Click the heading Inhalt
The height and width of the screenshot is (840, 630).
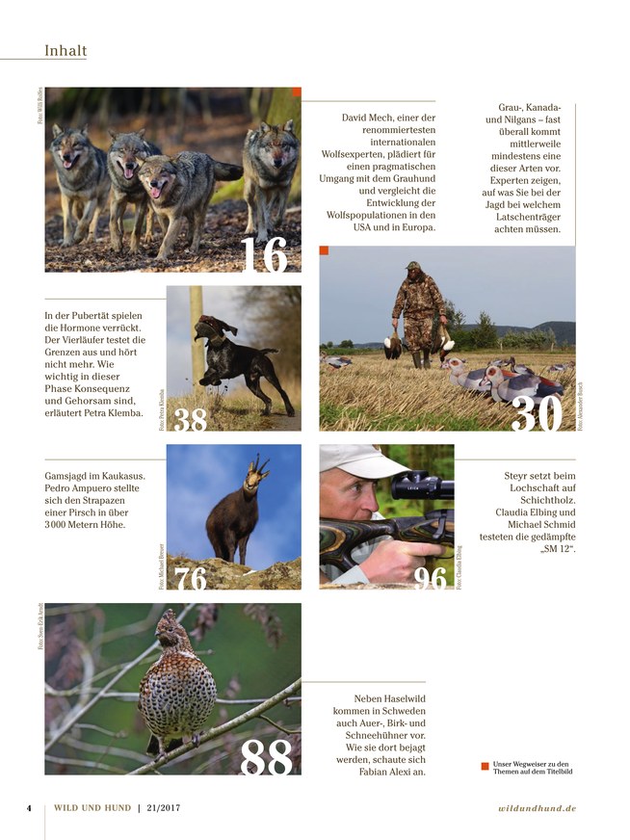[66, 50]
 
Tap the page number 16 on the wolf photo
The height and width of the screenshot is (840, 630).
[263, 253]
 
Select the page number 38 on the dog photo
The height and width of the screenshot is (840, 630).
[192, 418]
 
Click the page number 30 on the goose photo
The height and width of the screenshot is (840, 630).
[543, 413]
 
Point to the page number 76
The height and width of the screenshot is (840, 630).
[192, 578]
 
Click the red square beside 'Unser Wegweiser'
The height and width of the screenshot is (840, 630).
[485, 767]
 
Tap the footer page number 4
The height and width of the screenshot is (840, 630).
[29, 808]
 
